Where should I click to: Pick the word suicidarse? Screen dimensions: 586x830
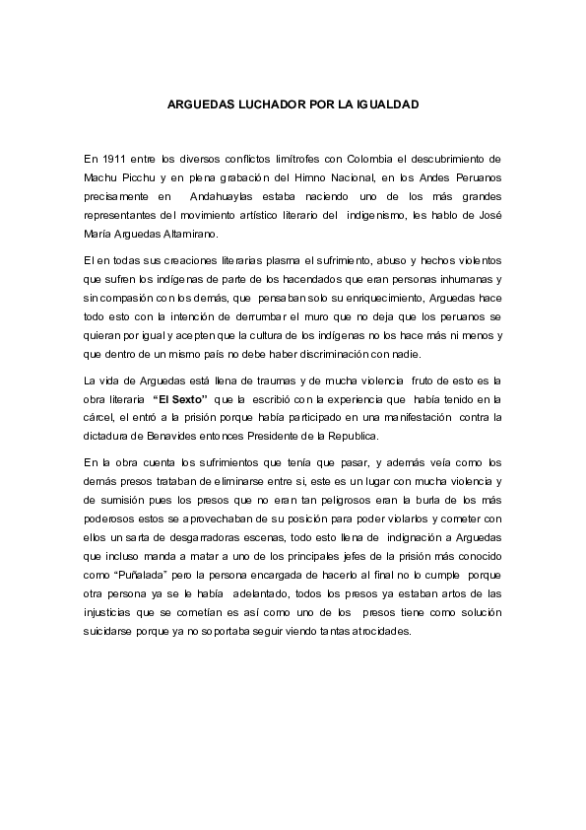pos(113,630)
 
